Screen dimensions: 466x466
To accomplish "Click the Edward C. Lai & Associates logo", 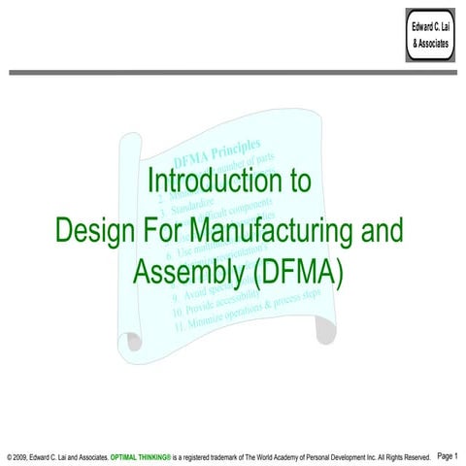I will point(430,35).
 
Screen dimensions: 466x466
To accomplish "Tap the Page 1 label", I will point(449,454).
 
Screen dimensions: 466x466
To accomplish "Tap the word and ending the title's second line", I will point(383,230).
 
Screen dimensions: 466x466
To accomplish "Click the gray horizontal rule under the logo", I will point(233,73).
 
